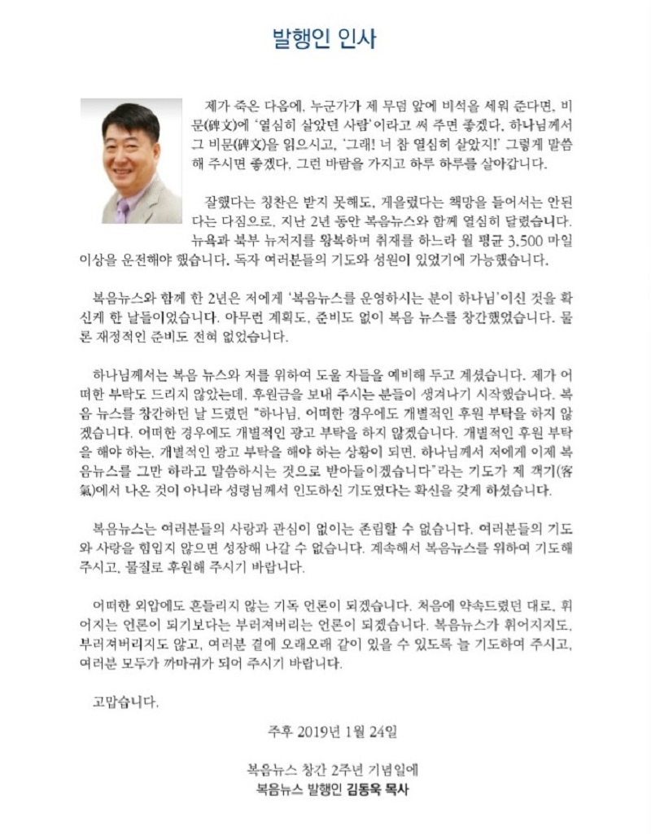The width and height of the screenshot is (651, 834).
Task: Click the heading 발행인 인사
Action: click(324, 40)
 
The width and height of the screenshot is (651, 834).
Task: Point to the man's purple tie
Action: click(123, 211)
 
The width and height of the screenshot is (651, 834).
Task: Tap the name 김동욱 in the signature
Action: click(364, 788)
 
